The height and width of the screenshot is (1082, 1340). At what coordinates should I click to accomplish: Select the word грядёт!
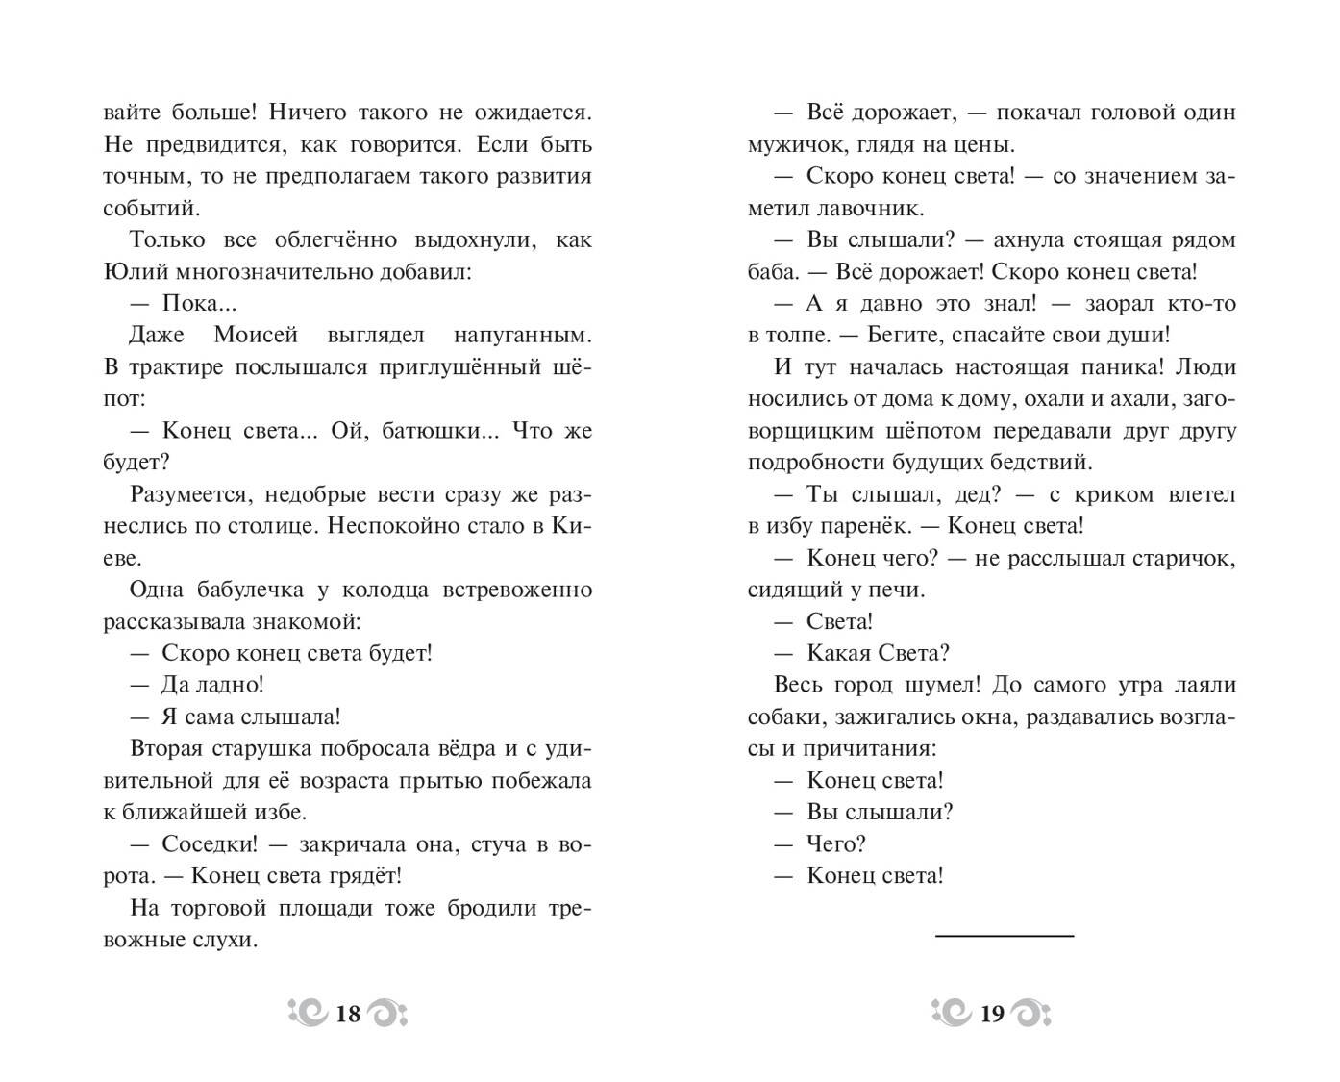click(x=364, y=876)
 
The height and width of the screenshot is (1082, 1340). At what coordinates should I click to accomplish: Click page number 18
click(x=348, y=1013)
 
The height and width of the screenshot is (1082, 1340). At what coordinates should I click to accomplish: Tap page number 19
click(x=992, y=1013)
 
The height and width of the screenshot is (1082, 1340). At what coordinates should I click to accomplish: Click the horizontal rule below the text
click(x=1005, y=935)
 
